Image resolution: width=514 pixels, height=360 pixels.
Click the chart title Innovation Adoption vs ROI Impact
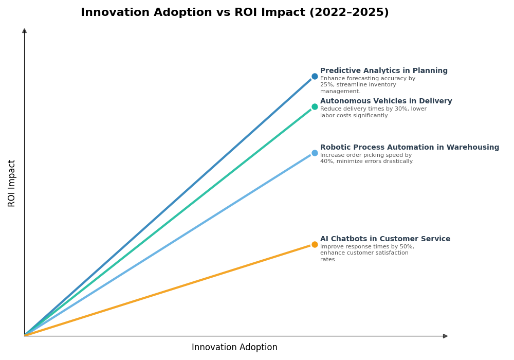click(x=234, y=13)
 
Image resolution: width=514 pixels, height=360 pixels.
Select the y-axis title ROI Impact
click(x=12, y=183)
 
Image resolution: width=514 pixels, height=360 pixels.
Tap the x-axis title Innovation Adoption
click(x=234, y=348)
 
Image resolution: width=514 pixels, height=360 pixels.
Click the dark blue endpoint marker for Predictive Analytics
click(x=315, y=77)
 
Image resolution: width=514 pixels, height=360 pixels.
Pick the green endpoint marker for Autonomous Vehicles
click(x=315, y=107)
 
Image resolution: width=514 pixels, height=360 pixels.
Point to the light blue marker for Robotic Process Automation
click(x=315, y=153)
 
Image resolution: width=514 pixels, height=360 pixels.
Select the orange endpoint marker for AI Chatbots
click(x=315, y=245)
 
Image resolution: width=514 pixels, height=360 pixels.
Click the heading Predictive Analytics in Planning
click(x=383, y=71)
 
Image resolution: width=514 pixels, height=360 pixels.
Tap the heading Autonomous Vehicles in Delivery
click(x=386, y=101)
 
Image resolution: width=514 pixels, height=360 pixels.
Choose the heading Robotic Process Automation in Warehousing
click(x=409, y=148)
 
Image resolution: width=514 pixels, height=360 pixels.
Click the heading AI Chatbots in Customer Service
click(x=385, y=239)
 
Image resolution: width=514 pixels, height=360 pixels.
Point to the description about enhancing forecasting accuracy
click(x=368, y=85)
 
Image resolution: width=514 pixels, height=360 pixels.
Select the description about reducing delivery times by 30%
click(x=373, y=112)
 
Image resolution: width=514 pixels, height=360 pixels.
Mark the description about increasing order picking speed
click(x=366, y=158)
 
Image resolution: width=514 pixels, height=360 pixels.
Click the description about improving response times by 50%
click(x=367, y=253)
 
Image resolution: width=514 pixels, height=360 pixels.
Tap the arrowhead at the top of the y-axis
click(x=24, y=31)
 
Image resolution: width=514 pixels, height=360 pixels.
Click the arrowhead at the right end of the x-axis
click(x=445, y=336)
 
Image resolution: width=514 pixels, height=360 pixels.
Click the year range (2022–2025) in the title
click(x=348, y=13)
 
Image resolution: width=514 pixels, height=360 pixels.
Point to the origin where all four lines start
click(x=25, y=336)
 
